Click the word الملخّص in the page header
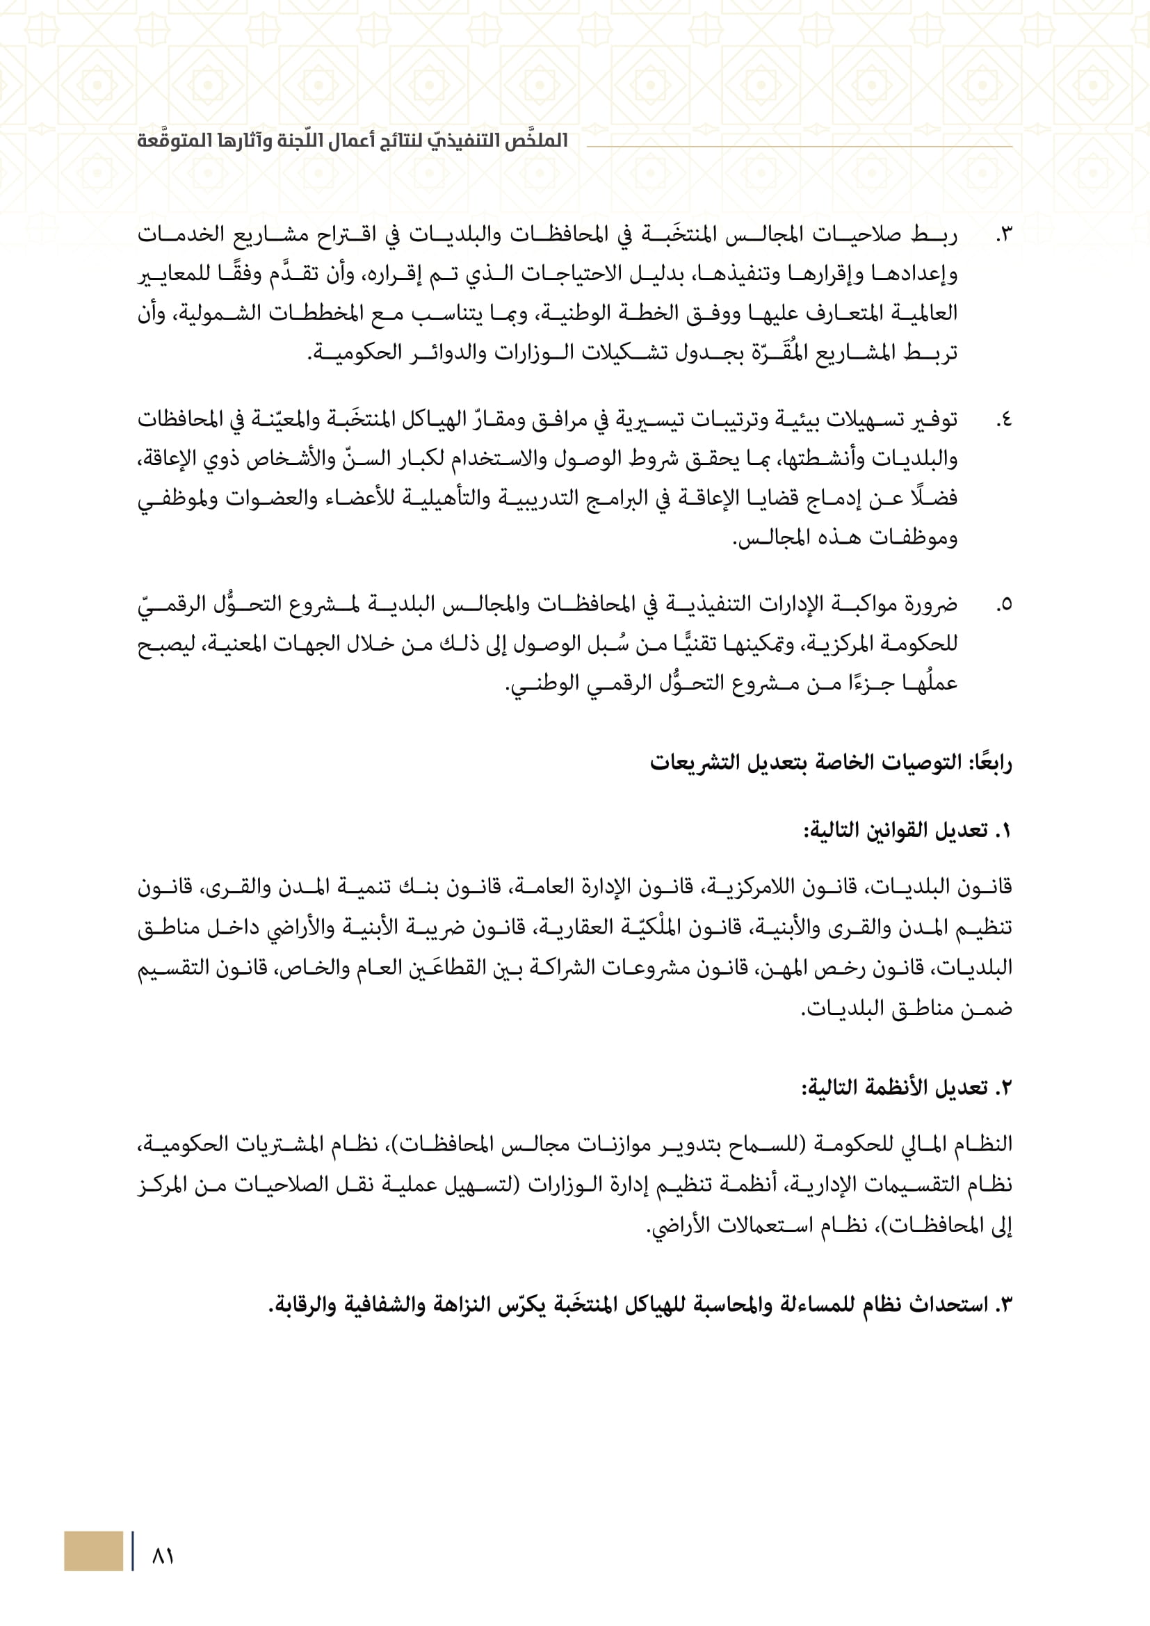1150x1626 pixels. pos(537,140)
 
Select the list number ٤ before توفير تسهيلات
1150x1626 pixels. pos(1003,421)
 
